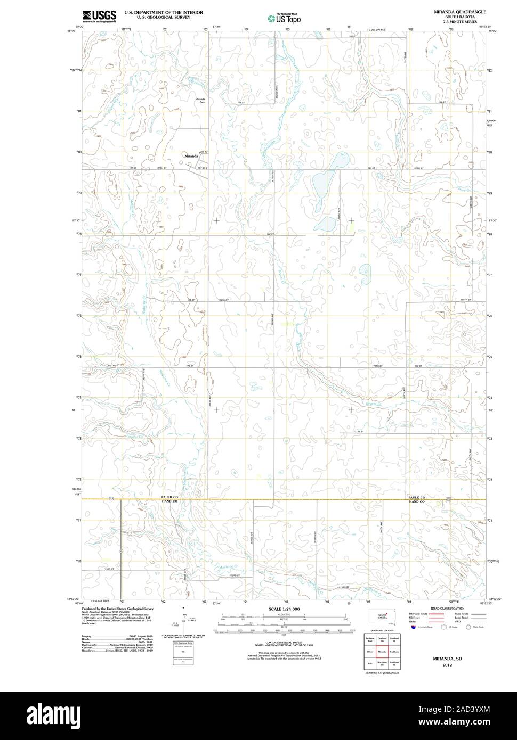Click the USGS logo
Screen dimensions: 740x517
(x=99, y=17)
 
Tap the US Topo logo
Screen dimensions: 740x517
(x=285, y=18)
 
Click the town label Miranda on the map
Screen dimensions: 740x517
(x=191, y=156)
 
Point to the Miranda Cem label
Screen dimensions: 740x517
(x=200, y=101)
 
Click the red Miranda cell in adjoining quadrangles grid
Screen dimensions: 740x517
(x=382, y=651)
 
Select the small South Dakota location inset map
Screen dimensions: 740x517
(x=382, y=616)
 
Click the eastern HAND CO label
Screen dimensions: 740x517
(x=416, y=502)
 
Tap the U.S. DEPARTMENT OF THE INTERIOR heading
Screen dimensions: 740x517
(x=164, y=12)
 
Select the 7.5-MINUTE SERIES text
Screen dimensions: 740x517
(x=459, y=21)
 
